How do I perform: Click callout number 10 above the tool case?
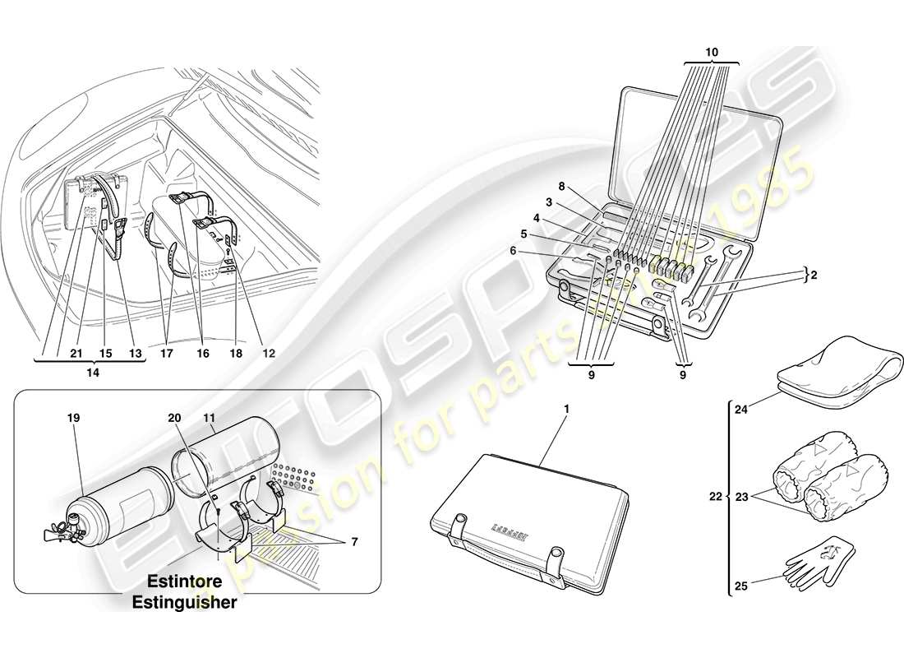coord(712,52)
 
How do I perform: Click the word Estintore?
coord(185,586)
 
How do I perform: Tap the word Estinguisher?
coord(185,602)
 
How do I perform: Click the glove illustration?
coord(822,559)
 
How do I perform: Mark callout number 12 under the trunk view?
coord(268,353)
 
